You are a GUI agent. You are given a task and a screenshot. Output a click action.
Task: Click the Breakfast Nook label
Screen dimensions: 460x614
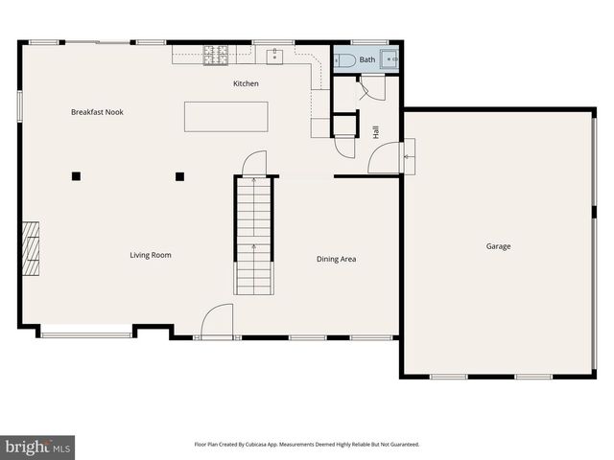(97, 112)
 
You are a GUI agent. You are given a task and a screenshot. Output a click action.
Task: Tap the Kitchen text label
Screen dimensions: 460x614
(246, 84)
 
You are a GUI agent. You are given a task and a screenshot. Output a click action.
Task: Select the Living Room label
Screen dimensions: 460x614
(151, 255)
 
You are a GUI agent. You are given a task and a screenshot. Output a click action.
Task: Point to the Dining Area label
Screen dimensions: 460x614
(337, 259)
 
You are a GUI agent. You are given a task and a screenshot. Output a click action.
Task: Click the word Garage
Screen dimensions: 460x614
(498, 246)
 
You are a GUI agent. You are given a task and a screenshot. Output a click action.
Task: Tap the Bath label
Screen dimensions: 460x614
(367, 59)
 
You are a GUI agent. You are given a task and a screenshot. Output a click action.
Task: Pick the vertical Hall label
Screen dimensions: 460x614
(376, 131)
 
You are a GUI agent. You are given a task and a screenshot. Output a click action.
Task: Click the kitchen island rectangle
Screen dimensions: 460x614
(226, 116)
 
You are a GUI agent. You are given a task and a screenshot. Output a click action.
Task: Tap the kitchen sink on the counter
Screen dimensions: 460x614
(275, 56)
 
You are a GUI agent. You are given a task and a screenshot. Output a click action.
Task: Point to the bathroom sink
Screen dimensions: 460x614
(389, 58)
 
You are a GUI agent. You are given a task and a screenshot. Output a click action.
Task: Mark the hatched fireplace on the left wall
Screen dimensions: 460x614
(32, 249)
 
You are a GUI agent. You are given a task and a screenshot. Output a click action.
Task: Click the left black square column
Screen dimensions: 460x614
(76, 175)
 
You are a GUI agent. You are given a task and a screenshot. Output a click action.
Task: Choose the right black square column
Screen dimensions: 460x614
(179, 175)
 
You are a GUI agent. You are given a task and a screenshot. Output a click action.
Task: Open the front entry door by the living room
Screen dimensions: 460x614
(217, 322)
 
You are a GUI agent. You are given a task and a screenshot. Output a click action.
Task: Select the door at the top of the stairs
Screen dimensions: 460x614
(253, 165)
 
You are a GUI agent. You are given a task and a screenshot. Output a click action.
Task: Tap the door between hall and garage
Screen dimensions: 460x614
(407, 156)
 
